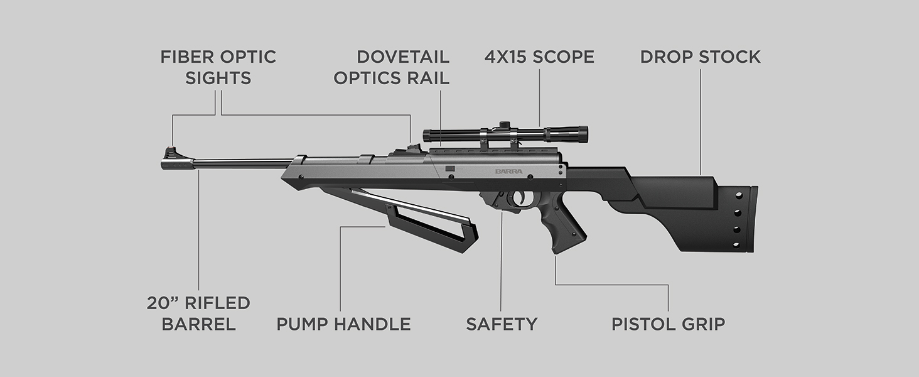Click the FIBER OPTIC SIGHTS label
click(218, 67)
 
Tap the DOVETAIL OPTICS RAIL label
click(392, 67)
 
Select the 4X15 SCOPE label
click(539, 57)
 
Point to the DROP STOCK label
click(700, 57)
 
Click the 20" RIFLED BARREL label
click(198, 313)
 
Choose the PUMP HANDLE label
click(343, 324)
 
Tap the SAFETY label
click(501, 324)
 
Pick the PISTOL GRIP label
click(668, 324)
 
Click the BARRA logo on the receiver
click(508, 170)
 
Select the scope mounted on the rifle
click(505, 134)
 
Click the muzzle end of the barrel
click(164, 164)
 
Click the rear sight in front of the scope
click(412, 148)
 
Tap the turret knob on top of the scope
click(502, 124)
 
